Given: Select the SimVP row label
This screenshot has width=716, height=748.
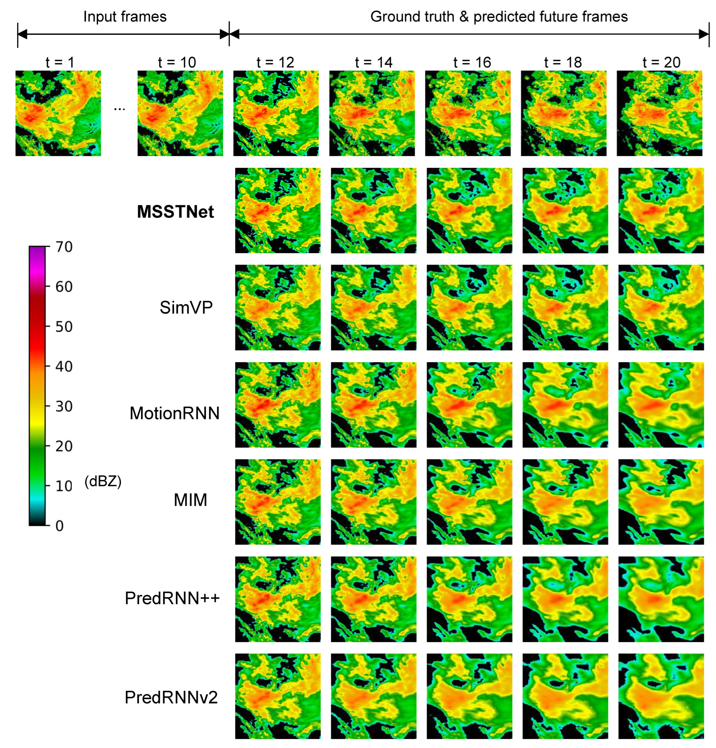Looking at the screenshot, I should tap(186, 308).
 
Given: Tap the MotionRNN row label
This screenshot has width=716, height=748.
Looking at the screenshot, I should tap(174, 413).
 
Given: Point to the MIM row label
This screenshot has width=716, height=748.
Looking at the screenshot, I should tap(190, 500).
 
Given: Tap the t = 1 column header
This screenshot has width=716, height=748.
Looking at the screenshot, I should tap(60, 62).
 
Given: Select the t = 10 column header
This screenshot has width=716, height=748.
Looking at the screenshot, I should tap(177, 62).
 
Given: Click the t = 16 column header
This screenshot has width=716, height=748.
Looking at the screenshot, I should tap(472, 62).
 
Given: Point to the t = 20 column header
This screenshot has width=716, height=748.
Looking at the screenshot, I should tap(662, 62).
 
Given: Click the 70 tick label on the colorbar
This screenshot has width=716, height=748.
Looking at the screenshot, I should tap(64, 247).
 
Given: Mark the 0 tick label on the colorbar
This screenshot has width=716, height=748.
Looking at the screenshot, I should tap(60, 526).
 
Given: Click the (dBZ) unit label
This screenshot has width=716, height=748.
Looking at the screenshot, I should tap(103, 482).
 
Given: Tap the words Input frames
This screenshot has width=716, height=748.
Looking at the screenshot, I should tap(125, 17).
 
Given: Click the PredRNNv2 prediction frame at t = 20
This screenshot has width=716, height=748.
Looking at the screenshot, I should tap(661, 696).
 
